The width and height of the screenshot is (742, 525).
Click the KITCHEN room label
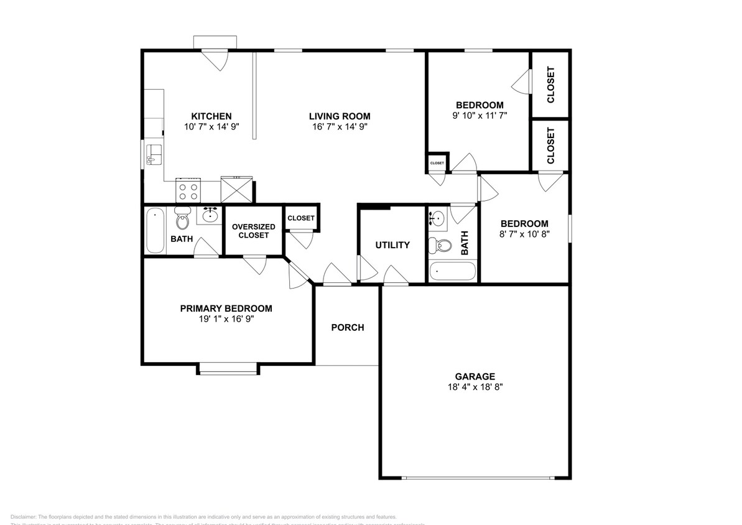pos(211,116)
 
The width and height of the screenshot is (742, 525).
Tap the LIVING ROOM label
pos(340,116)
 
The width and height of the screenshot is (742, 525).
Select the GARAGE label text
pos(475,376)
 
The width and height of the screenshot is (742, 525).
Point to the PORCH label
pos(347,328)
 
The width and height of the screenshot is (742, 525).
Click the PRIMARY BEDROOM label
pos(226,309)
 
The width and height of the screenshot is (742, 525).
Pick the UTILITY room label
pos(392,245)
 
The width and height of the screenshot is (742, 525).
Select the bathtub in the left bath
pos(155,231)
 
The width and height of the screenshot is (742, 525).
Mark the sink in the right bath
pos(438,218)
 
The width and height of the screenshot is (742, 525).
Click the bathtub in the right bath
pos(453,272)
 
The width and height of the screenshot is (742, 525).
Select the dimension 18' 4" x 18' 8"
pos(475,387)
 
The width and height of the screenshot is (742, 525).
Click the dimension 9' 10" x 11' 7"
pos(480,115)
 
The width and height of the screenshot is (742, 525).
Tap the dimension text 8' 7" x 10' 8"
pos(524,235)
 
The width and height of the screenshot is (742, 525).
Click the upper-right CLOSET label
pos(550,85)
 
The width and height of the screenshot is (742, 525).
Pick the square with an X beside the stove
pos(236,189)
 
